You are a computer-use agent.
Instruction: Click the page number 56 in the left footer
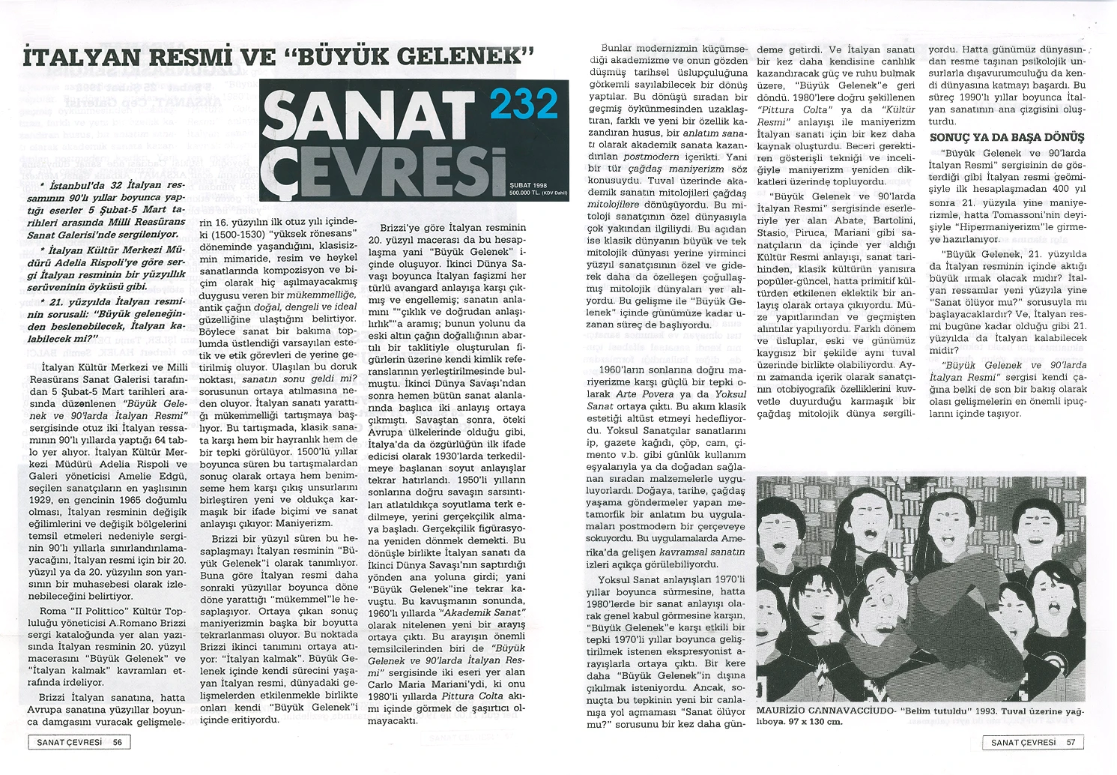(118, 742)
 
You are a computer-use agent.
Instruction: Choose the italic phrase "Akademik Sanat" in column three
(490, 612)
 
